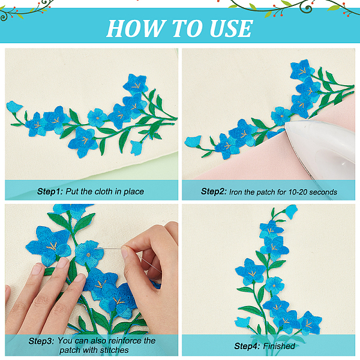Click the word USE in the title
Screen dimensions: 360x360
pos(231,28)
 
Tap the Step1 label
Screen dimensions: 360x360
pos(50,191)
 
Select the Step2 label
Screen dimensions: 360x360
pos(214,191)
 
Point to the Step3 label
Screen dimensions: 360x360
pos(41,341)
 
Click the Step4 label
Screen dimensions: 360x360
pos(247,346)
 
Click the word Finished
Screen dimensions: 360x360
pos(279,346)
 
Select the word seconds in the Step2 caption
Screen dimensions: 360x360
pos(323,192)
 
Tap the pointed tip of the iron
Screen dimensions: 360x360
pos(286,125)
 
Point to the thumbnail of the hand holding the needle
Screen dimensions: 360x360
pos(125,253)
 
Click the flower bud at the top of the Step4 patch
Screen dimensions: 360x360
pos(292,212)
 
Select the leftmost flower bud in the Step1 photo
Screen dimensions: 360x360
pos(14,107)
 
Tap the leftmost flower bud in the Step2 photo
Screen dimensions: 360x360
pos(193,141)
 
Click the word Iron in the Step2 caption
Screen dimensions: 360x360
pos(235,192)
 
